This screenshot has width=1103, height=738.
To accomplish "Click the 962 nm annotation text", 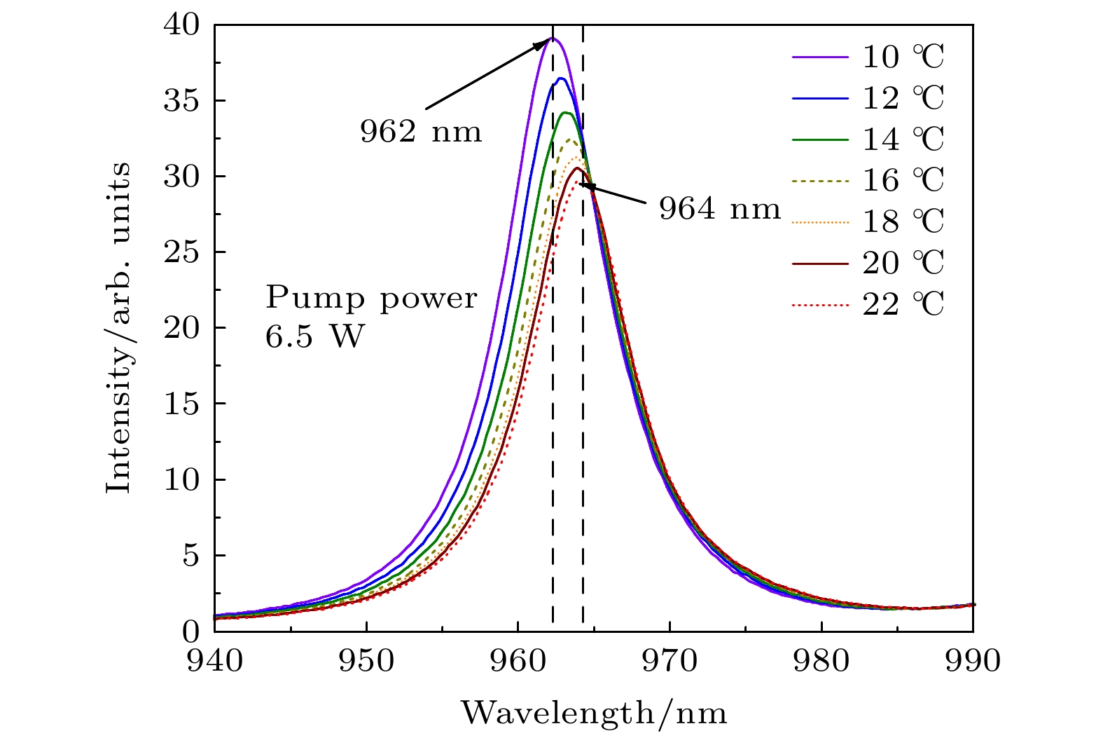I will coord(421,131).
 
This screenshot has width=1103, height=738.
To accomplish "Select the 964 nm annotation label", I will coord(719,209).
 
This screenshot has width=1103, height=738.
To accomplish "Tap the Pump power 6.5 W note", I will coord(371,317).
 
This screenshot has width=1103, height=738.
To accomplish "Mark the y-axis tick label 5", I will coord(190,556).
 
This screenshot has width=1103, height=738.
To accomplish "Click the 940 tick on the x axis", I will coord(214,660).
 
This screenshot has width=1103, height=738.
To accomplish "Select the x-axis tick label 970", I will coord(670,660).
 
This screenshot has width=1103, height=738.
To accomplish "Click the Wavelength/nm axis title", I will coord(594,713).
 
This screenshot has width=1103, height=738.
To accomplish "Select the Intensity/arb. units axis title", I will coord(118,328).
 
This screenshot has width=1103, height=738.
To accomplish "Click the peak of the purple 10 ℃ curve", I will coord(553,38).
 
